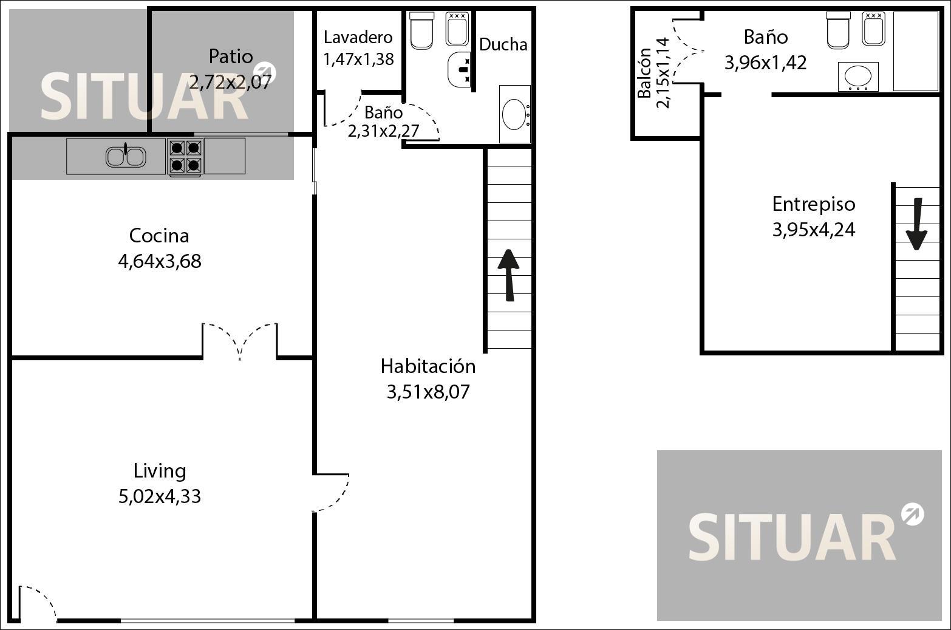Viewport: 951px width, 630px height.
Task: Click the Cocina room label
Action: pyautogui.click(x=159, y=236)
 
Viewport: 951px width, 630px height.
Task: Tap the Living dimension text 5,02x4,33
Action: pyautogui.click(x=160, y=496)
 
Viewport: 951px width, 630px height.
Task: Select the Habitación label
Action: pyautogui.click(x=428, y=366)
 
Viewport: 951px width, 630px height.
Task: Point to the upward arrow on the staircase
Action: pyautogui.click(x=509, y=275)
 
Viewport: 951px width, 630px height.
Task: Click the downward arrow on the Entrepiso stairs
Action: pyautogui.click(x=916, y=224)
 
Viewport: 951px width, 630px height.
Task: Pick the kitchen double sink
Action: pyautogui.click(x=126, y=156)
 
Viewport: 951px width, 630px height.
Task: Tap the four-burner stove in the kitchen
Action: pyautogui.click(x=185, y=157)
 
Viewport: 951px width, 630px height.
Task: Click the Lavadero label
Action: pyautogui.click(x=358, y=38)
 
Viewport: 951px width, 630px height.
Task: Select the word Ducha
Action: pyautogui.click(x=503, y=44)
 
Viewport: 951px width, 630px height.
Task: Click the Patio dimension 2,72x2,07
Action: pyautogui.click(x=230, y=82)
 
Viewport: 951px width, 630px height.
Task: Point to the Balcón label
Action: pyautogui.click(x=644, y=73)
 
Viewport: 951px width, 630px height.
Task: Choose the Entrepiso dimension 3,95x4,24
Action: pyautogui.click(x=813, y=230)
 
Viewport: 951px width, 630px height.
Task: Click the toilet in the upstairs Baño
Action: pyautogui.click(x=838, y=30)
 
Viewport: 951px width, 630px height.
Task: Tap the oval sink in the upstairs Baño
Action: pyautogui.click(x=858, y=77)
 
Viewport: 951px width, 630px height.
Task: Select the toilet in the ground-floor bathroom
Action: pyautogui.click(x=421, y=30)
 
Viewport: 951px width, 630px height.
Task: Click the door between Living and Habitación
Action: pyautogui.click(x=331, y=492)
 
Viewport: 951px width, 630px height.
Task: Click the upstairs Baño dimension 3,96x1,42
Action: pyautogui.click(x=765, y=63)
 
